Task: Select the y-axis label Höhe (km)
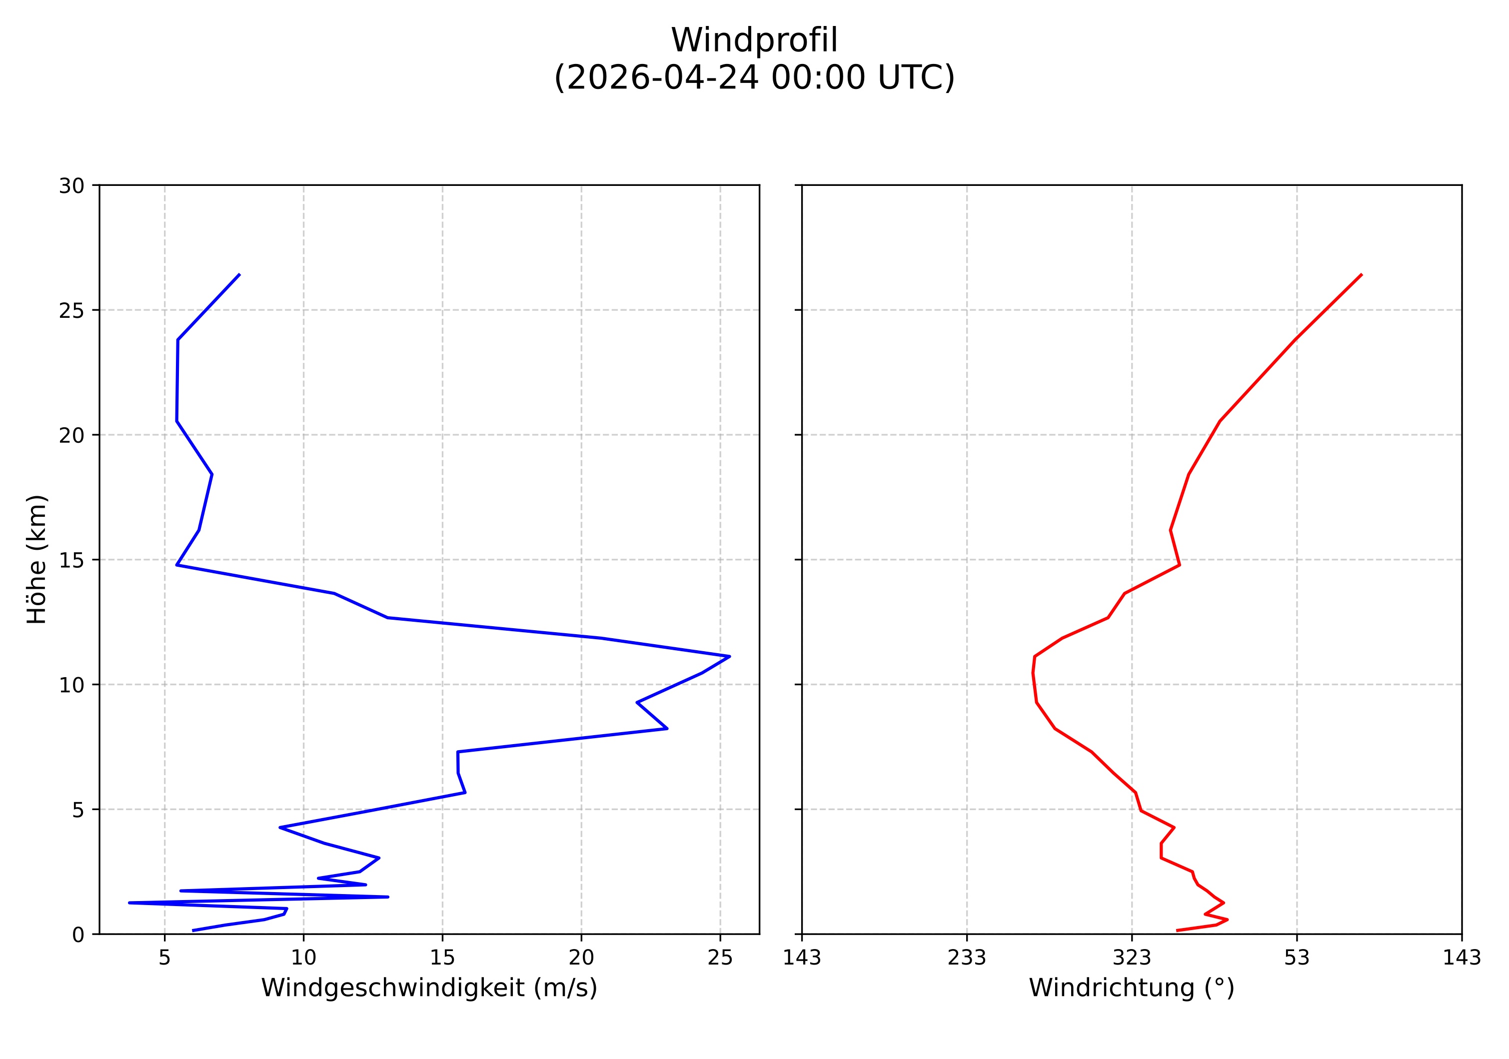(37, 559)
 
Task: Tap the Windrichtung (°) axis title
(1131, 988)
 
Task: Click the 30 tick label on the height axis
(71, 186)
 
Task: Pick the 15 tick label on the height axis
(71, 560)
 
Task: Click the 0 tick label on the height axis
(78, 935)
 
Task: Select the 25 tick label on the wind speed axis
(720, 958)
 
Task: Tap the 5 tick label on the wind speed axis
(164, 958)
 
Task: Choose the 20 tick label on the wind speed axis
(581, 958)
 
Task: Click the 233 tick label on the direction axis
(966, 958)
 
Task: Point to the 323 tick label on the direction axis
(1131, 958)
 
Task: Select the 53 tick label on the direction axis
(1296, 958)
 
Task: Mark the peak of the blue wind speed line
(730, 656)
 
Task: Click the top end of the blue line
(239, 274)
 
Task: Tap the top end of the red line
(1361, 274)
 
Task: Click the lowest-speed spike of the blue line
(129, 903)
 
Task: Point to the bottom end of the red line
(1177, 930)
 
